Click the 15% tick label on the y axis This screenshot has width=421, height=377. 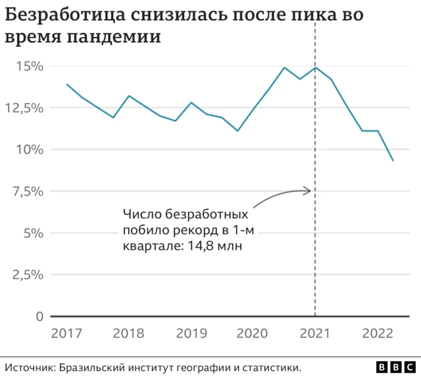pyautogui.click(x=29, y=67)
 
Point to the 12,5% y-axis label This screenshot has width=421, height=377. pyautogui.click(x=24, y=107)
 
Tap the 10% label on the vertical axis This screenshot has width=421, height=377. pyautogui.click(x=29, y=150)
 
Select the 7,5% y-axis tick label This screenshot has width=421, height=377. pyautogui.click(x=28, y=191)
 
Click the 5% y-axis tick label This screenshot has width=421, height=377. pyautogui.click(x=33, y=233)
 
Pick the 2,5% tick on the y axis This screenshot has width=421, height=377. pyautogui.click(x=28, y=275)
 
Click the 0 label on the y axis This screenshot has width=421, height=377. pyautogui.click(x=39, y=316)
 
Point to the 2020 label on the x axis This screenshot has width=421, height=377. pyautogui.click(x=253, y=333)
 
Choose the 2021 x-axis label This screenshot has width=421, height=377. pyautogui.click(x=315, y=333)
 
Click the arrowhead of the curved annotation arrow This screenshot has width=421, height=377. pyautogui.click(x=308, y=191)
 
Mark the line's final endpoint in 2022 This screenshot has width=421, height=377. pyautogui.click(x=393, y=161)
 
